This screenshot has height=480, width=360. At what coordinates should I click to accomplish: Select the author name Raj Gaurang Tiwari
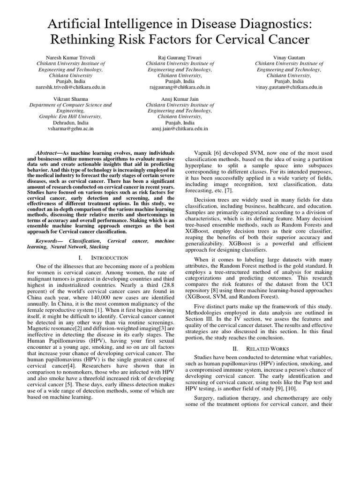pyautogui.click(x=180, y=57)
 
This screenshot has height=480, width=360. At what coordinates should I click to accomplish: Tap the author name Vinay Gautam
pyautogui.click(x=288, y=57)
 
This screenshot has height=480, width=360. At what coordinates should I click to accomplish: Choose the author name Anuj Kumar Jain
pyautogui.click(x=180, y=99)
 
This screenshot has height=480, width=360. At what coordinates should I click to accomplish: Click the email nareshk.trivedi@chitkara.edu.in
pyautogui.click(x=70, y=87)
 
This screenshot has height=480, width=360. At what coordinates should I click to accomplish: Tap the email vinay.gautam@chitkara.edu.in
pyautogui.click(x=288, y=87)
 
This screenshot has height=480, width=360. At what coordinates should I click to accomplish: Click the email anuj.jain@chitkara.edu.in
pyautogui.click(x=180, y=128)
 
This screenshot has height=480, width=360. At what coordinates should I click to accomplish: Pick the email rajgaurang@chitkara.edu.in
pyautogui.click(x=180, y=87)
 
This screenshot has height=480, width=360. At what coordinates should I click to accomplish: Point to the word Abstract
pyautogui.click(x=48, y=153)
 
